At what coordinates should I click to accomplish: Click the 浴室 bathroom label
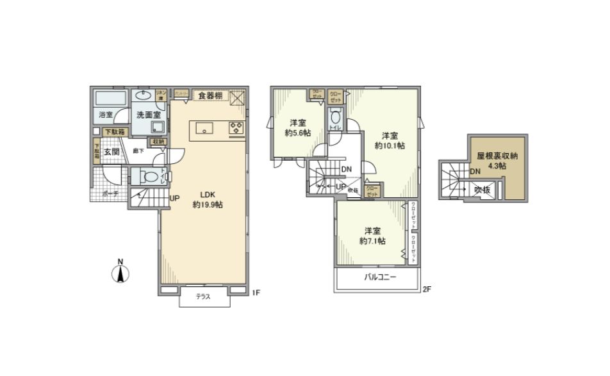[106, 115]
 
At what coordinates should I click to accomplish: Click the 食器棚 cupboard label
[210, 96]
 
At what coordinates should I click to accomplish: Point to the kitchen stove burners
[236, 127]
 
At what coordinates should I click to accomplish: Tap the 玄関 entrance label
[111, 152]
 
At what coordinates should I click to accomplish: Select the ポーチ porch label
[110, 193]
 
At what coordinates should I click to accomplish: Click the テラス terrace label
[204, 298]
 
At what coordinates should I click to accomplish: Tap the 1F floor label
[256, 293]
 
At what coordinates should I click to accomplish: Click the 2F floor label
[427, 290]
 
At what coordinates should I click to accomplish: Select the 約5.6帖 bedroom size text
[298, 133]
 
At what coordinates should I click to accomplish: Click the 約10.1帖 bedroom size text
[390, 145]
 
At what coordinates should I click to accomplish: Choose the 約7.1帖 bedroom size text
[372, 241]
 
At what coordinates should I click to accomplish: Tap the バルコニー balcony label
[381, 278]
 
